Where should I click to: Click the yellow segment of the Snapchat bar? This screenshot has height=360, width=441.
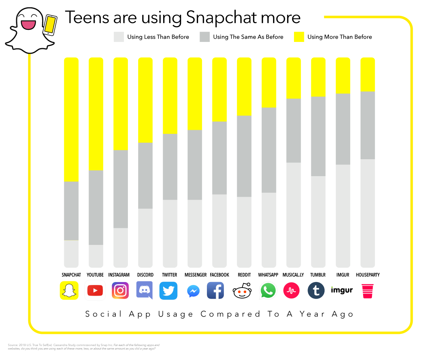[71, 120]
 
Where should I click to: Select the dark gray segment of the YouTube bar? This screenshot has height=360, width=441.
[96, 207]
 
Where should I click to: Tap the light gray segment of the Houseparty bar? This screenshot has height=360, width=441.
[367, 213]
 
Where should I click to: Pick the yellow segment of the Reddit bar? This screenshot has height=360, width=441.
[244, 87]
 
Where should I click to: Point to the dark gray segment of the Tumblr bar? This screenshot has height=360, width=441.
[318, 136]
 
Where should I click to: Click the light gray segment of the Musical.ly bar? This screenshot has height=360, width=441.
[294, 215]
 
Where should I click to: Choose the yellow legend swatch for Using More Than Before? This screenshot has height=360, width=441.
[299, 37]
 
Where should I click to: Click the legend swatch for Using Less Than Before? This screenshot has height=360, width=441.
[119, 37]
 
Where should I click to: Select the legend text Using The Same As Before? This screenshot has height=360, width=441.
[248, 37]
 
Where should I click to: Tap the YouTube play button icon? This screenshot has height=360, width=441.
[95, 291]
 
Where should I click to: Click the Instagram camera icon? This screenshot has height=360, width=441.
[120, 291]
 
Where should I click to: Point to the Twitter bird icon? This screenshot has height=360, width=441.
[168, 291]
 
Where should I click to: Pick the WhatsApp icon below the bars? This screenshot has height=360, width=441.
[268, 291]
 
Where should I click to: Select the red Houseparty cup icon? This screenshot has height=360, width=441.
[367, 291]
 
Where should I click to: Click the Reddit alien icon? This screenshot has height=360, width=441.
[243, 291]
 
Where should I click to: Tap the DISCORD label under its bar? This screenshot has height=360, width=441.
[145, 275]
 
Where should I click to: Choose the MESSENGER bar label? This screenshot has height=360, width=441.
[196, 275]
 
